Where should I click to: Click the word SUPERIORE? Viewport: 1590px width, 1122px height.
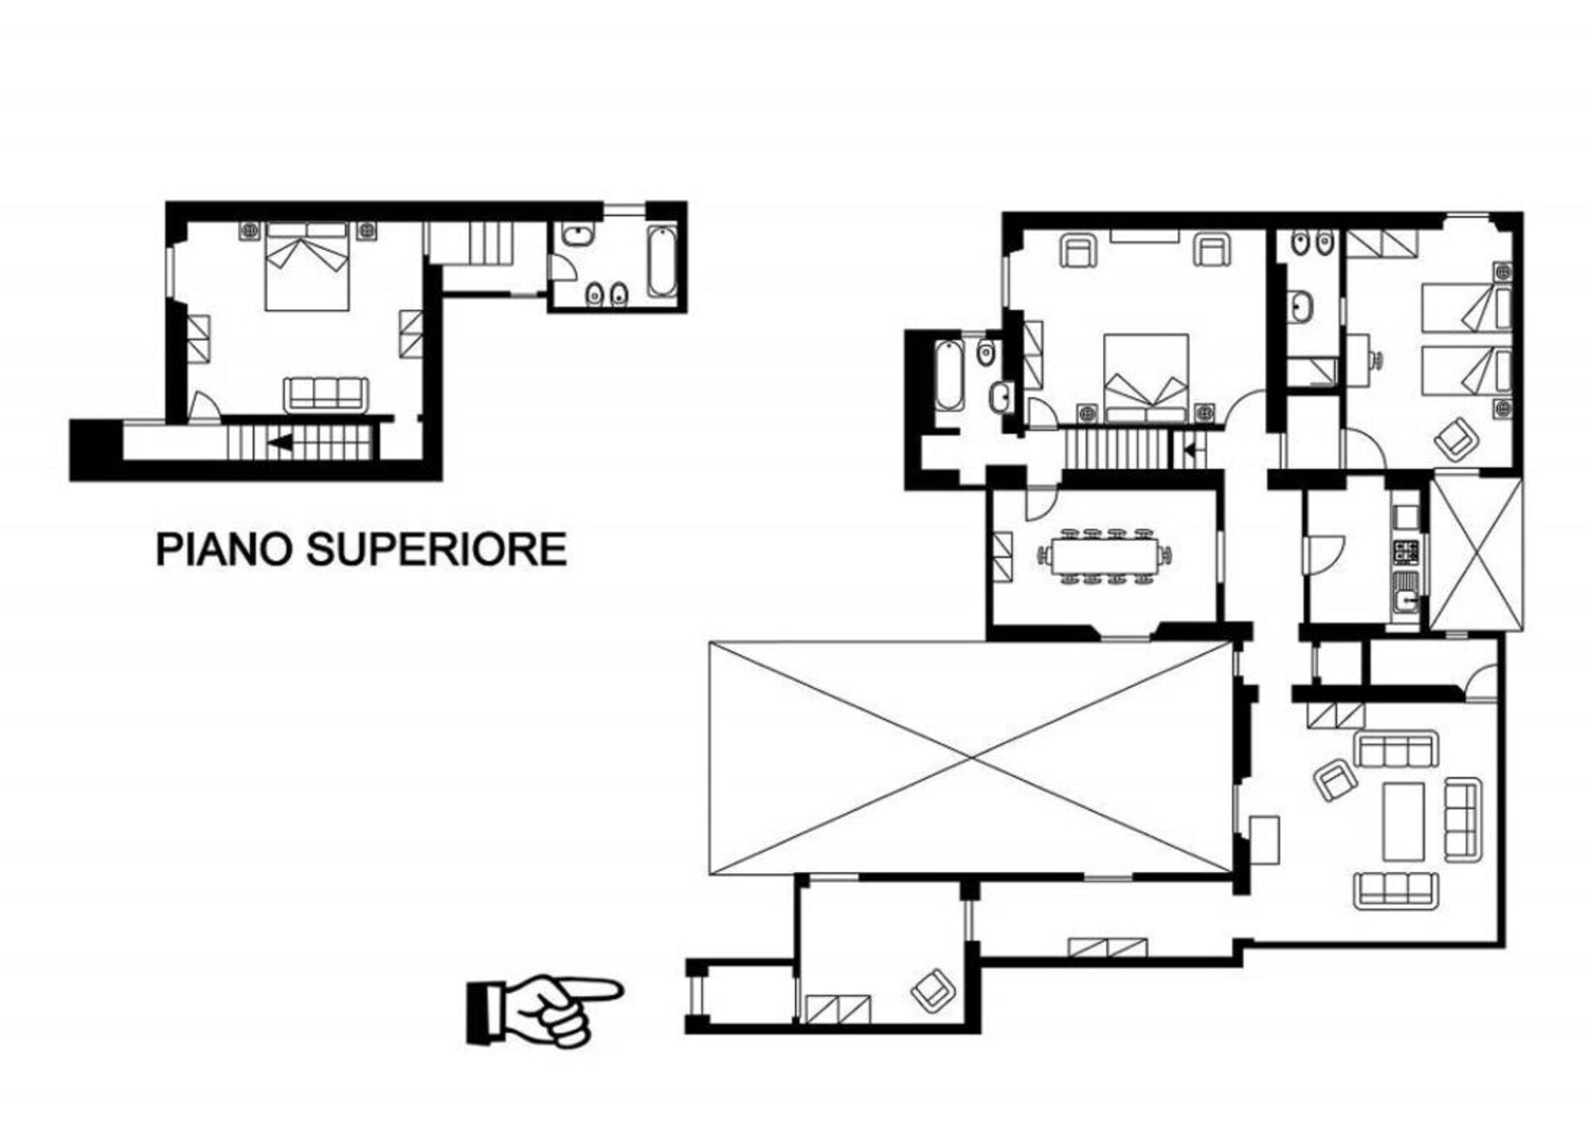[437, 549]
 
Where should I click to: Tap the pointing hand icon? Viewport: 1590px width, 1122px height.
[543, 1009]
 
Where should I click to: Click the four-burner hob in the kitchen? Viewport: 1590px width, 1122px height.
[1406, 551]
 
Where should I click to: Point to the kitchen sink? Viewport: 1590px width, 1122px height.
[1406, 598]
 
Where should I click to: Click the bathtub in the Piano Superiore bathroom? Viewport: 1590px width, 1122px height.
[662, 261]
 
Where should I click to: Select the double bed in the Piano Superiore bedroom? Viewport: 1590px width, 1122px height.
[306, 266]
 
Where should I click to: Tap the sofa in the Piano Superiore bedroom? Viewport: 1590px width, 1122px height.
[326, 394]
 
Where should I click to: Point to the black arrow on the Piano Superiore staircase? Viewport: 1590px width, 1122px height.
[279, 442]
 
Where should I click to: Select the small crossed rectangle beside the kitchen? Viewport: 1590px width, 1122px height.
[1477, 551]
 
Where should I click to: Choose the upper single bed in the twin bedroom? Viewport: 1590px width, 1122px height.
[1466, 307]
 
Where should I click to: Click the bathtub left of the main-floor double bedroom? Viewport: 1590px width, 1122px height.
[949, 376]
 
